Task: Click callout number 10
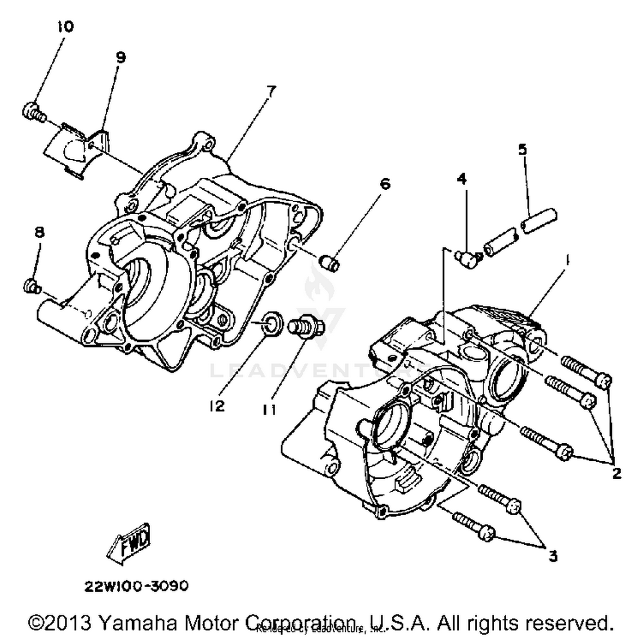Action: pos(65,27)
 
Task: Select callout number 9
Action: pos(120,57)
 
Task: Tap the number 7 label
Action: pos(271,91)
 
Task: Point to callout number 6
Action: pos(385,184)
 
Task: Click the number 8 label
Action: pos(39,232)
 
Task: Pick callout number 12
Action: pos(217,406)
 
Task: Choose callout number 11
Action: pos(269,410)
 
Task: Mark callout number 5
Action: pos(522,149)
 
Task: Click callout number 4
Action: pos(461,178)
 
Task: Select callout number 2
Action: pos(616,473)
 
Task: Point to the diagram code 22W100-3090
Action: pos(136,585)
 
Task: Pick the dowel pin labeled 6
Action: pos(331,262)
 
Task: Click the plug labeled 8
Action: pos(31,286)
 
